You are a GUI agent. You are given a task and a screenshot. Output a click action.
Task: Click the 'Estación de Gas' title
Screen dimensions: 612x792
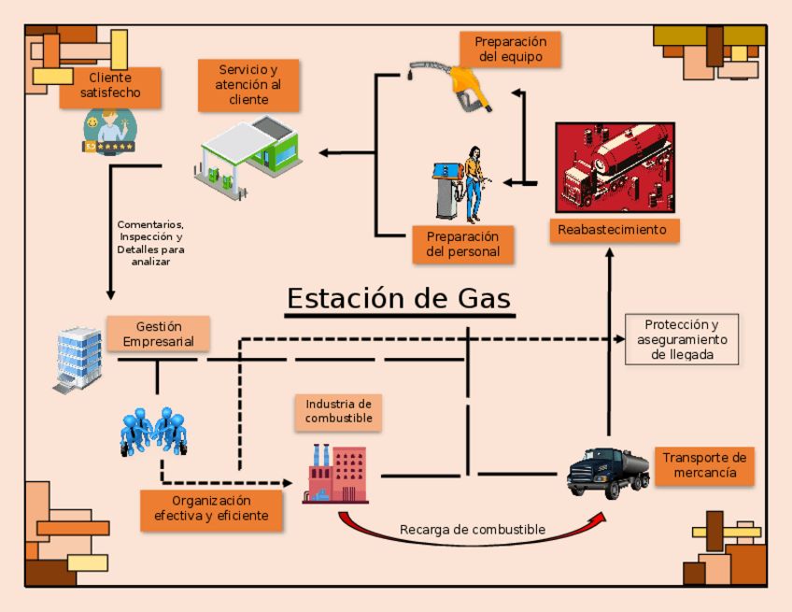pyautogui.click(x=399, y=298)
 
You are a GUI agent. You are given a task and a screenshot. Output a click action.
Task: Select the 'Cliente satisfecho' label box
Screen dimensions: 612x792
pyautogui.click(x=111, y=86)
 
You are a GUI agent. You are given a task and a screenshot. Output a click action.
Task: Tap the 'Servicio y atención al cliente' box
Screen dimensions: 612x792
pyautogui.click(x=248, y=85)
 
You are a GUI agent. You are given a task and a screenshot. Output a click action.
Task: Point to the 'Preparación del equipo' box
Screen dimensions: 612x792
pyautogui.click(x=510, y=50)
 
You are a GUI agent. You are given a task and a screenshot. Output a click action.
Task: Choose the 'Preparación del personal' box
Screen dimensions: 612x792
pyautogui.click(x=462, y=244)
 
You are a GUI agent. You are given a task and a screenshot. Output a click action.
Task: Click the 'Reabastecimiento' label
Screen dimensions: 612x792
pyautogui.click(x=613, y=230)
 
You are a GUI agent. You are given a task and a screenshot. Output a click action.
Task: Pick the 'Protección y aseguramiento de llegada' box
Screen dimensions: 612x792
pyautogui.click(x=681, y=339)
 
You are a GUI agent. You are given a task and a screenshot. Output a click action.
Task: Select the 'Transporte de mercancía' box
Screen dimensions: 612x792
pyautogui.click(x=704, y=465)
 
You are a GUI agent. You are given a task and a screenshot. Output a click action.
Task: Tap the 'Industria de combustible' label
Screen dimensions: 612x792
pyautogui.click(x=338, y=411)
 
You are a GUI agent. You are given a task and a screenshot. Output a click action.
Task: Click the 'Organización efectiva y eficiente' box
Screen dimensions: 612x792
pyautogui.click(x=211, y=508)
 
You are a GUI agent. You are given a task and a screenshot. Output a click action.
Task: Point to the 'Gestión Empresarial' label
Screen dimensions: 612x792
pyautogui.click(x=158, y=334)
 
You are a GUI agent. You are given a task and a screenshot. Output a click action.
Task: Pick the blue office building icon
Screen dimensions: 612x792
pyautogui.click(x=78, y=359)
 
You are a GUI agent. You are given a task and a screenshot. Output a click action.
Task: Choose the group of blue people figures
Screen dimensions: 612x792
pyautogui.click(x=153, y=431)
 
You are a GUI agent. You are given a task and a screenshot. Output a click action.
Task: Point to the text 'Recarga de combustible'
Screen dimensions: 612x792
pyautogui.click(x=472, y=530)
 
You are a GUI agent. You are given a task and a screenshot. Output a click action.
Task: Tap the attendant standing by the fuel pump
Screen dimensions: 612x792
pyautogui.click(x=474, y=182)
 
